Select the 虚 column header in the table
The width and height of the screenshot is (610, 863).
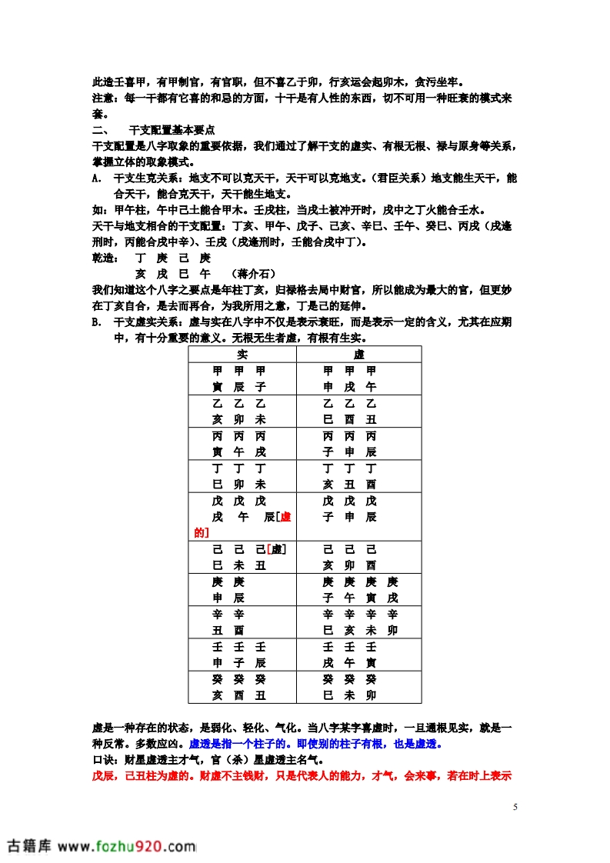pyautogui.click(x=358, y=355)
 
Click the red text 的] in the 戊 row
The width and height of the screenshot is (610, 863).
pyautogui.click(x=202, y=531)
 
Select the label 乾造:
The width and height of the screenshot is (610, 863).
pyautogui.click(x=105, y=258)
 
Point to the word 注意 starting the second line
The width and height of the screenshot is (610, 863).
pyautogui.click(x=105, y=98)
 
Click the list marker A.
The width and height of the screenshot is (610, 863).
pyautogui.click(x=95, y=178)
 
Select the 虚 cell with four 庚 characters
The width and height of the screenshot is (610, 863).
pyautogui.click(x=359, y=589)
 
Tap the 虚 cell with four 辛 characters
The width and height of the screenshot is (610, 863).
pyautogui.click(x=359, y=622)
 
